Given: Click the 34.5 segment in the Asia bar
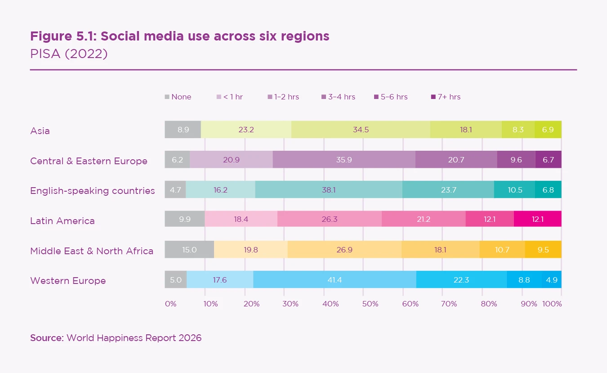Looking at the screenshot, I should click(361, 130).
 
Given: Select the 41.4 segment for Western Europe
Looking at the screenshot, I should click(335, 280).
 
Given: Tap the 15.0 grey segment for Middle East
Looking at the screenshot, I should click(189, 250).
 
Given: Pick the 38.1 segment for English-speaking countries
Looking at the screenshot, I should click(329, 190).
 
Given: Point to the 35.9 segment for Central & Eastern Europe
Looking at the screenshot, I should click(344, 160).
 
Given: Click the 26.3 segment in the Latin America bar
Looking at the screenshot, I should click(330, 220).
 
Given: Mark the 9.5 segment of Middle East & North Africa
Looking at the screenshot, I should click(543, 250).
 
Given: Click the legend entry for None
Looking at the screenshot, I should click(178, 97).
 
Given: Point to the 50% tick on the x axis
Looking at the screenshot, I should click(370, 304).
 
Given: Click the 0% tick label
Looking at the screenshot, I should click(171, 304).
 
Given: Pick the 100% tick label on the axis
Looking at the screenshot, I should click(552, 304).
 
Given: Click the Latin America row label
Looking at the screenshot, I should click(62, 221).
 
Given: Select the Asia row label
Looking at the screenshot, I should click(40, 131).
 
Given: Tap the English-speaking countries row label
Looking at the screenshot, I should click(92, 191).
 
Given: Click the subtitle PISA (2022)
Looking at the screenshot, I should click(69, 54).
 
